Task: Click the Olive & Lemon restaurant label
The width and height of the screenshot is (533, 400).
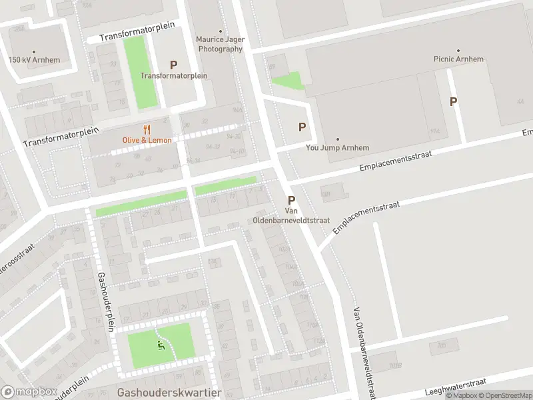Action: tap(147, 140)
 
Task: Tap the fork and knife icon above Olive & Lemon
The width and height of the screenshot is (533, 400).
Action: tap(147, 129)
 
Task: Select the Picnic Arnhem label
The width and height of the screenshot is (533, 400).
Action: tap(458, 59)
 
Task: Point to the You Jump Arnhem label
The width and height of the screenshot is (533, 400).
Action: tap(337, 148)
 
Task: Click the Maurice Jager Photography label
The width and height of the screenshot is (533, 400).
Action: tap(219, 44)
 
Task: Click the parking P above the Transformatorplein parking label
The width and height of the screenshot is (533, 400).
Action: tap(174, 65)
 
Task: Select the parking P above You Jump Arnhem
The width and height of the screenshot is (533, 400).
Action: tap(302, 127)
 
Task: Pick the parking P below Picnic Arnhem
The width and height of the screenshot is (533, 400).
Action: tap(454, 101)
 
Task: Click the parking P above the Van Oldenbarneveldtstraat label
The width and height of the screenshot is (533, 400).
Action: tap(291, 200)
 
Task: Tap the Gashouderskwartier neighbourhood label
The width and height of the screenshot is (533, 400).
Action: tap(169, 393)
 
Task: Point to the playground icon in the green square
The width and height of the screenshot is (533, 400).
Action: tap(160, 345)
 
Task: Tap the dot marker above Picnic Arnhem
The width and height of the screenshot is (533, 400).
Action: tap(458, 50)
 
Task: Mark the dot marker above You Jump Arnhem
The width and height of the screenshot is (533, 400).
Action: tap(337, 139)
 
